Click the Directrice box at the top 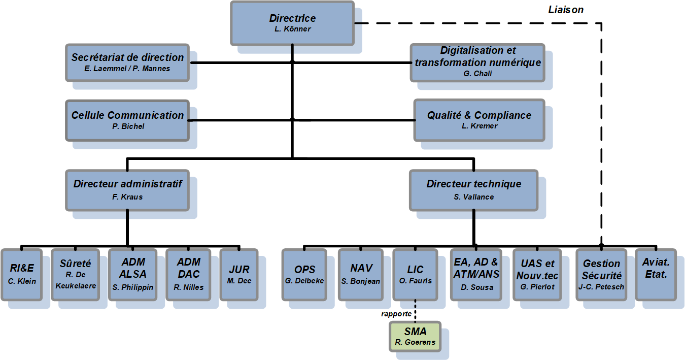[x=292, y=22]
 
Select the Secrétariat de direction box [x=127, y=62]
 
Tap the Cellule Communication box [x=127, y=120]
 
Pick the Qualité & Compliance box [x=479, y=119]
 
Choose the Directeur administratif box [x=127, y=190]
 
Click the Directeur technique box [x=473, y=190]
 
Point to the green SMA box [x=415, y=337]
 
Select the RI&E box [x=22, y=274]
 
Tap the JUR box [x=238, y=274]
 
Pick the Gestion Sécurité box [x=601, y=274]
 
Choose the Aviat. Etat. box [x=655, y=274]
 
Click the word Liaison [x=566, y=10]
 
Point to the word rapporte [x=397, y=314]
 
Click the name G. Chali [x=477, y=74]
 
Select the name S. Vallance [x=473, y=197]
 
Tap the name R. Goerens [x=415, y=343]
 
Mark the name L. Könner [x=292, y=29]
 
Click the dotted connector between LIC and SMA [x=415, y=310]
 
